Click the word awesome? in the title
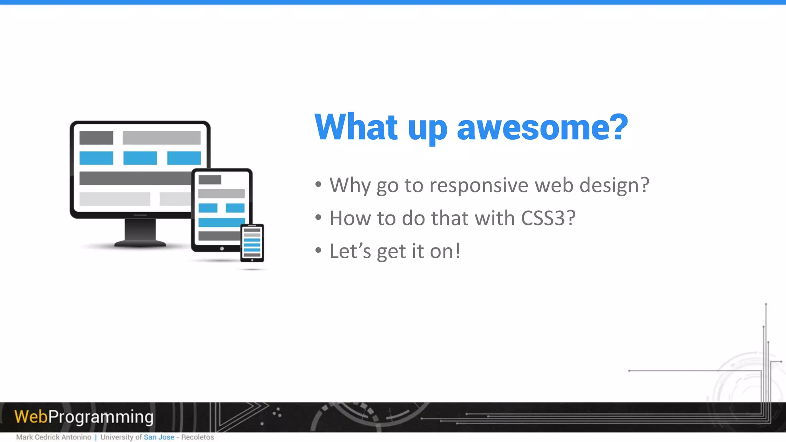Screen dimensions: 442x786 pyautogui.click(x=542, y=127)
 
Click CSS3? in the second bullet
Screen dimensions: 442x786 pyautogui.click(x=548, y=218)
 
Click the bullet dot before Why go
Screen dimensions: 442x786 pyautogui.click(x=318, y=185)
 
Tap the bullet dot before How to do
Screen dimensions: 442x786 pyautogui.click(x=318, y=218)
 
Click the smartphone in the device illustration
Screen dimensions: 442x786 pyautogui.click(x=252, y=243)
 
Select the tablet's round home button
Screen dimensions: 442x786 pyautogui.click(x=222, y=249)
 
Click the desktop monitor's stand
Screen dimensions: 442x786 pyautogui.click(x=140, y=232)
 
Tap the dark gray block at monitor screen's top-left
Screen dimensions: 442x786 pyautogui.click(x=96, y=138)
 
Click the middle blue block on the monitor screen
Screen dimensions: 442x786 pyautogui.click(x=140, y=158)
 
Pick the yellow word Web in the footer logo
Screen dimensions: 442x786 pyautogui.click(x=31, y=417)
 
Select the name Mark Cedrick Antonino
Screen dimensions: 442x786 pyautogui.click(x=54, y=437)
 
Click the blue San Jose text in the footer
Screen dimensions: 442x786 pyautogui.click(x=159, y=437)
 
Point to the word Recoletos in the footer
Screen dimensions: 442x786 pyautogui.click(x=197, y=437)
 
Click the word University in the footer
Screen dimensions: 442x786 pyautogui.click(x=117, y=437)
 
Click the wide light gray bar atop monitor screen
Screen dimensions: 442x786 pyautogui.click(x=162, y=138)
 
